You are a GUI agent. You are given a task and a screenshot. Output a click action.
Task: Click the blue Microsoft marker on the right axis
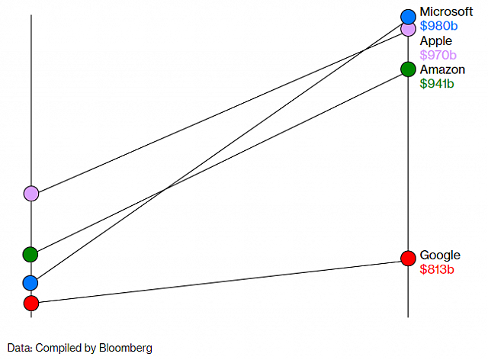point(408,16)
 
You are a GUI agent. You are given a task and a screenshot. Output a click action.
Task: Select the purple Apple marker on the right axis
point(408,29)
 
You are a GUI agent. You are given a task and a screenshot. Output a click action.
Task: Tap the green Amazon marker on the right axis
point(408,69)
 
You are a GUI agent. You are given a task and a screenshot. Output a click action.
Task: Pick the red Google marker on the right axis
point(408,258)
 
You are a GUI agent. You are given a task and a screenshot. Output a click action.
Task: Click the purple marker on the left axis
point(30,193)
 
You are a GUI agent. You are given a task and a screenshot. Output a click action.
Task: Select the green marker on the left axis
point(30,254)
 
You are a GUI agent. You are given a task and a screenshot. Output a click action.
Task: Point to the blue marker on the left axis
point(30,283)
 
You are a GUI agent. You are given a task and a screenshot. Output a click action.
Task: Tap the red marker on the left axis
point(30,304)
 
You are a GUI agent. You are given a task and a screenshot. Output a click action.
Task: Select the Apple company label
point(435,40)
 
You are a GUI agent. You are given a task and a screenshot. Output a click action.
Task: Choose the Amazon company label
point(442,69)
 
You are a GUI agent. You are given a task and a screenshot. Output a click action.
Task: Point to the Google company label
point(440,255)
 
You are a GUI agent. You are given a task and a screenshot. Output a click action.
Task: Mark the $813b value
point(437,269)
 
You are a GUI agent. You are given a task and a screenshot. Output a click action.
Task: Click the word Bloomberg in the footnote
point(127,348)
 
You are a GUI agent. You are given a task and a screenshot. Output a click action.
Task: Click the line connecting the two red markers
point(221,280)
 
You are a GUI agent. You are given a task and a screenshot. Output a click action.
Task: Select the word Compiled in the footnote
point(59,348)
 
